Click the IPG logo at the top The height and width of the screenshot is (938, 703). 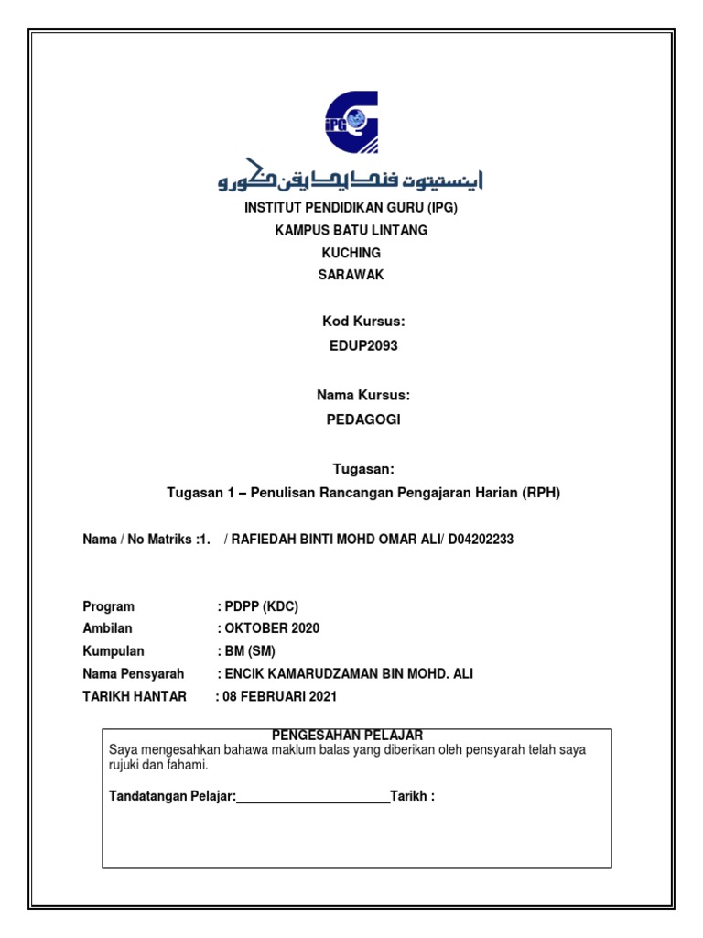[x=351, y=122]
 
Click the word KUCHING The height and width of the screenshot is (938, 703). [x=351, y=253]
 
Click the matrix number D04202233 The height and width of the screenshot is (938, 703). [x=481, y=540]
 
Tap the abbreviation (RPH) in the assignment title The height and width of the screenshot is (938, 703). [x=541, y=493]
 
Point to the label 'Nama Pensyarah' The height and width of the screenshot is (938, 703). [x=133, y=674]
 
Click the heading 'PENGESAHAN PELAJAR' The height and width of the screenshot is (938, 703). [x=348, y=735]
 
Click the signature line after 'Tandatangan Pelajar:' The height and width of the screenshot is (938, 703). [x=313, y=795]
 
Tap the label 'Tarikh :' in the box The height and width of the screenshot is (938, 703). [x=412, y=795]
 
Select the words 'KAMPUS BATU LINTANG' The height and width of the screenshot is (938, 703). [x=351, y=230]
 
